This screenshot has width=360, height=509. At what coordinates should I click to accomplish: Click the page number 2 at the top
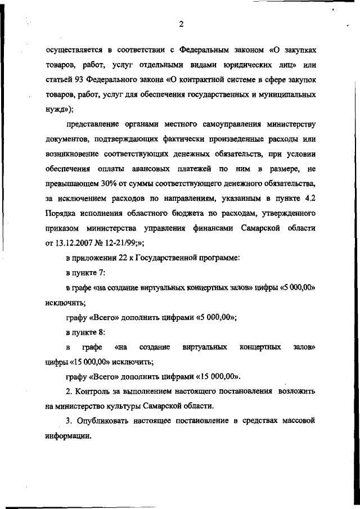(x=181, y=24)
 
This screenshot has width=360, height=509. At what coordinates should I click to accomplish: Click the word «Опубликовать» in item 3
(x=106, y=420)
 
